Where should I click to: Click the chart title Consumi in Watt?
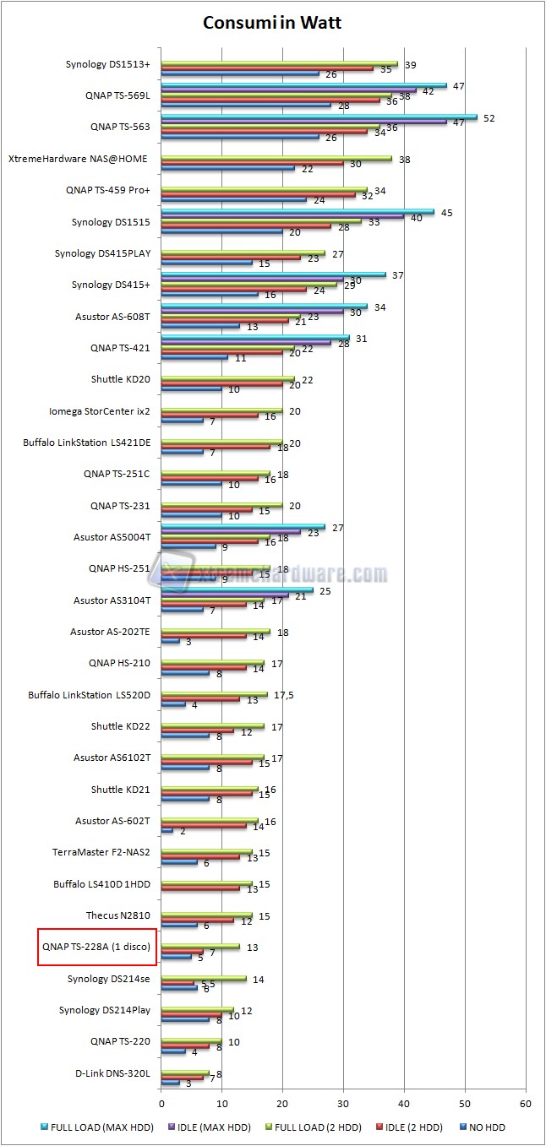272,23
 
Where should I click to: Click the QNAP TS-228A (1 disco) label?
96,947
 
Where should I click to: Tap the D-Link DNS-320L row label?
112,1073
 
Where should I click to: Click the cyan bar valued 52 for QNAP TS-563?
319,117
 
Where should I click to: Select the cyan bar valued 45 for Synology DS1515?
298,211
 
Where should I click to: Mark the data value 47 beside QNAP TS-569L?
458,86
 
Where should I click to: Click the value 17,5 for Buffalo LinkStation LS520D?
282,695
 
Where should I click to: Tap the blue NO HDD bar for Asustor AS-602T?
167,831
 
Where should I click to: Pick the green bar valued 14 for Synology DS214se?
203,978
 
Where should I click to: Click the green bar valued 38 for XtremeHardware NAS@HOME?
276,158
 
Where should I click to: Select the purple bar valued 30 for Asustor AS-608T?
252,312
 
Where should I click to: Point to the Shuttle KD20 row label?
120,379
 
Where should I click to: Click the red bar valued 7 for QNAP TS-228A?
182,952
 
